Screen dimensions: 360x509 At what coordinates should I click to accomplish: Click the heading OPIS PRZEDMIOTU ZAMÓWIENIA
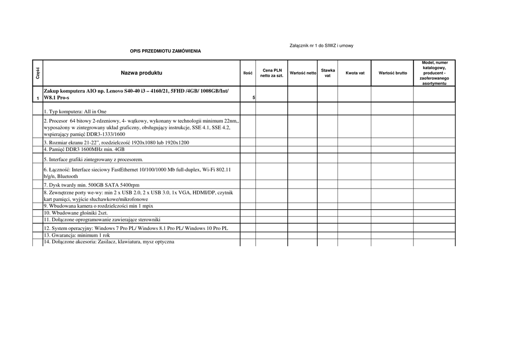point(166,51)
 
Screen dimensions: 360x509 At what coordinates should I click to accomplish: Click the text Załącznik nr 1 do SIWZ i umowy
point(321,46)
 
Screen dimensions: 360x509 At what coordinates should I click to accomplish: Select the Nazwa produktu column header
point(141,73)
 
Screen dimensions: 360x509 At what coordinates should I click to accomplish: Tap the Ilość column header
point(248,73)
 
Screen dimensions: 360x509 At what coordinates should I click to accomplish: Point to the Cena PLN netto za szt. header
point(272,73)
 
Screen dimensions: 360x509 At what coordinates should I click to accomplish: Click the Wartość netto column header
point(303,73)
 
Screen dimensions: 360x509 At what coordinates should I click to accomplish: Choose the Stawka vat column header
point(328,73)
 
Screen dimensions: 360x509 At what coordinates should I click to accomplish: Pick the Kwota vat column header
point(355,73)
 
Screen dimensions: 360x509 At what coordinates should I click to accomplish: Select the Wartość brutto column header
point(392,73)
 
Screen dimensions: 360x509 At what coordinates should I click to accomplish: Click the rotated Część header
point(38,73)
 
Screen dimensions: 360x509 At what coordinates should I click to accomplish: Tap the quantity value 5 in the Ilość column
point(254,98)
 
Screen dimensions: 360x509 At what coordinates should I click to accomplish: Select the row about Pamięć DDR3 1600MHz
point(84,149)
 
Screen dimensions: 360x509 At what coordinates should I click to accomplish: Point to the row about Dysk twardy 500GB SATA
point(91,185)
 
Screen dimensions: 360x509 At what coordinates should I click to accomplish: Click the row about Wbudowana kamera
point(98,206)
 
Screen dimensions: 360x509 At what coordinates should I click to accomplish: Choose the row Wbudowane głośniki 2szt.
point(76,213)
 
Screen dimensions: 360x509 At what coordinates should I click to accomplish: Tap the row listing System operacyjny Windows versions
point(136,228)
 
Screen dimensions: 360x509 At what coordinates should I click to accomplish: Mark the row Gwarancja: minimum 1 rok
point(77,235)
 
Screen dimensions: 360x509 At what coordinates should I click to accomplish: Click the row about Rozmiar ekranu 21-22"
point(116,142)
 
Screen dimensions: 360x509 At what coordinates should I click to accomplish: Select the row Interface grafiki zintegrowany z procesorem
point(93,160)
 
